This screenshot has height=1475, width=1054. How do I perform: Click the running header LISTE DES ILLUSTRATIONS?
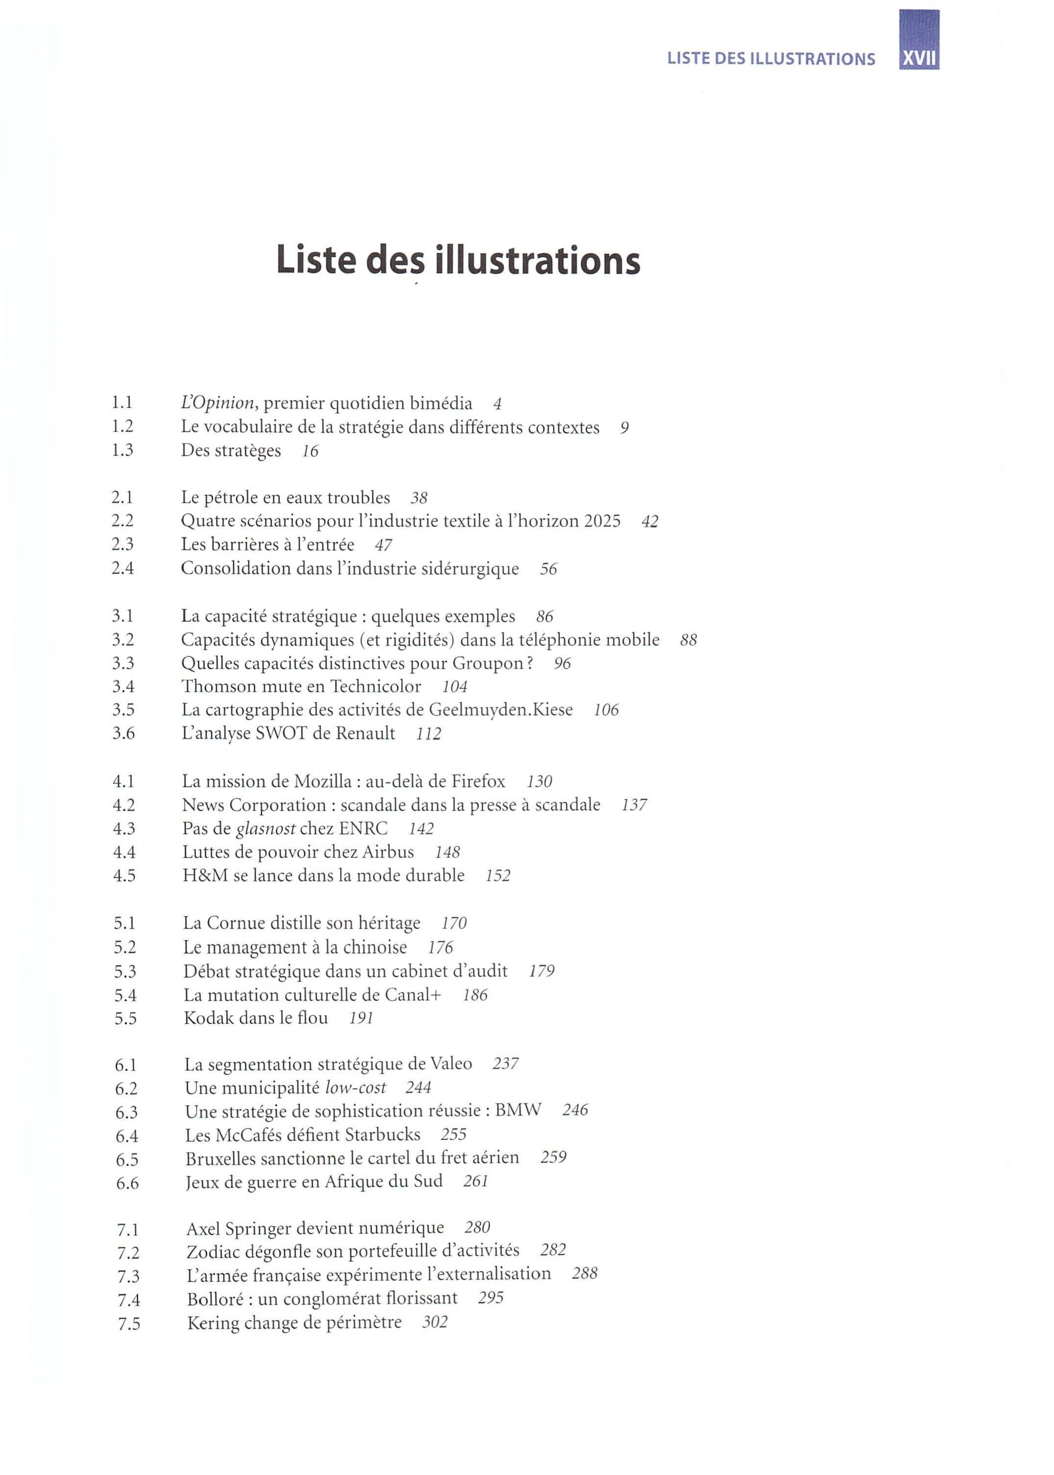tap(771, 59)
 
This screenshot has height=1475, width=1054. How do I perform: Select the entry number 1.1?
tap(122, 403)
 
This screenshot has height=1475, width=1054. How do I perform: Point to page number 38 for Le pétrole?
tap(419, 498)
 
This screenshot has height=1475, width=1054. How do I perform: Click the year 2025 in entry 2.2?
tap(602, 521)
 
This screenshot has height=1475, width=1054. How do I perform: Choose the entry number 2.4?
tap(123, 568)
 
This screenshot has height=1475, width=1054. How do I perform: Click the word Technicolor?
tap(376, 687)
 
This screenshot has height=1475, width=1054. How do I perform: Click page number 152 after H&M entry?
tap(498, 876)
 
